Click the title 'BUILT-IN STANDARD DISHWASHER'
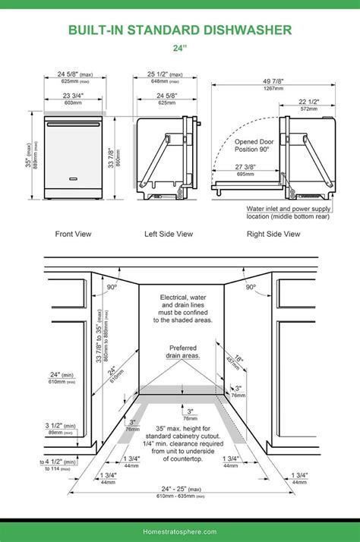(x=180, y=30)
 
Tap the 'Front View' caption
(x=73, y=235)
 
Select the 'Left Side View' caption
(x=169, y=235)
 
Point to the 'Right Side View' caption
(x=273, y=235)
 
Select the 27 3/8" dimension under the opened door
(x=245, y=167)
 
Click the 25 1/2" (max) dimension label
(x=165, y=74)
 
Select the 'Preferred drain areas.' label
(x=179, y=351)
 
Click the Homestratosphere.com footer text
(x=179, y=531)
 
